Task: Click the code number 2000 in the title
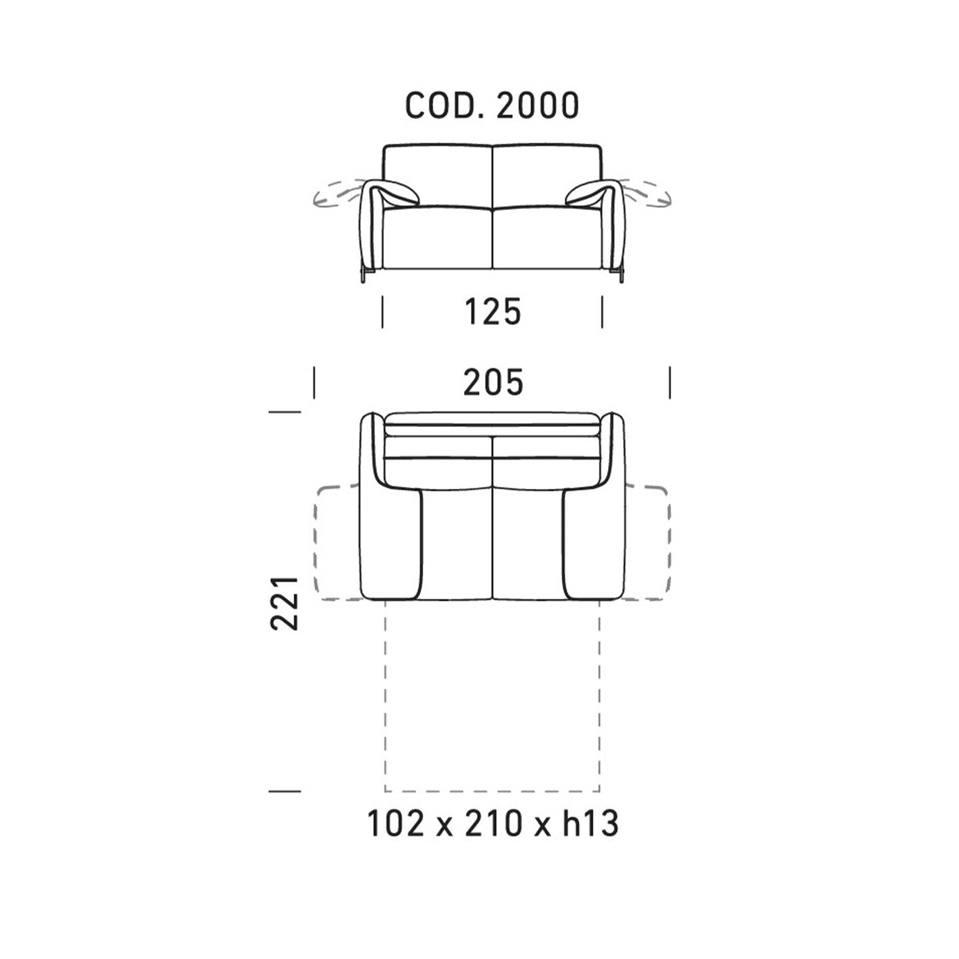(x=538, y=105)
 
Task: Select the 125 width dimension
(x=493, y=312)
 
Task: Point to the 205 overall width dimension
(x=493, y=382)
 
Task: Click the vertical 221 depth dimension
(x=284, y=603)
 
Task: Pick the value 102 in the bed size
(x=396, y=823)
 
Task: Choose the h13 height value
(x=591, y=823)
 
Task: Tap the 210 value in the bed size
(x=493, y=823)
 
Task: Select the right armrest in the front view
(x=599, y=219)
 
